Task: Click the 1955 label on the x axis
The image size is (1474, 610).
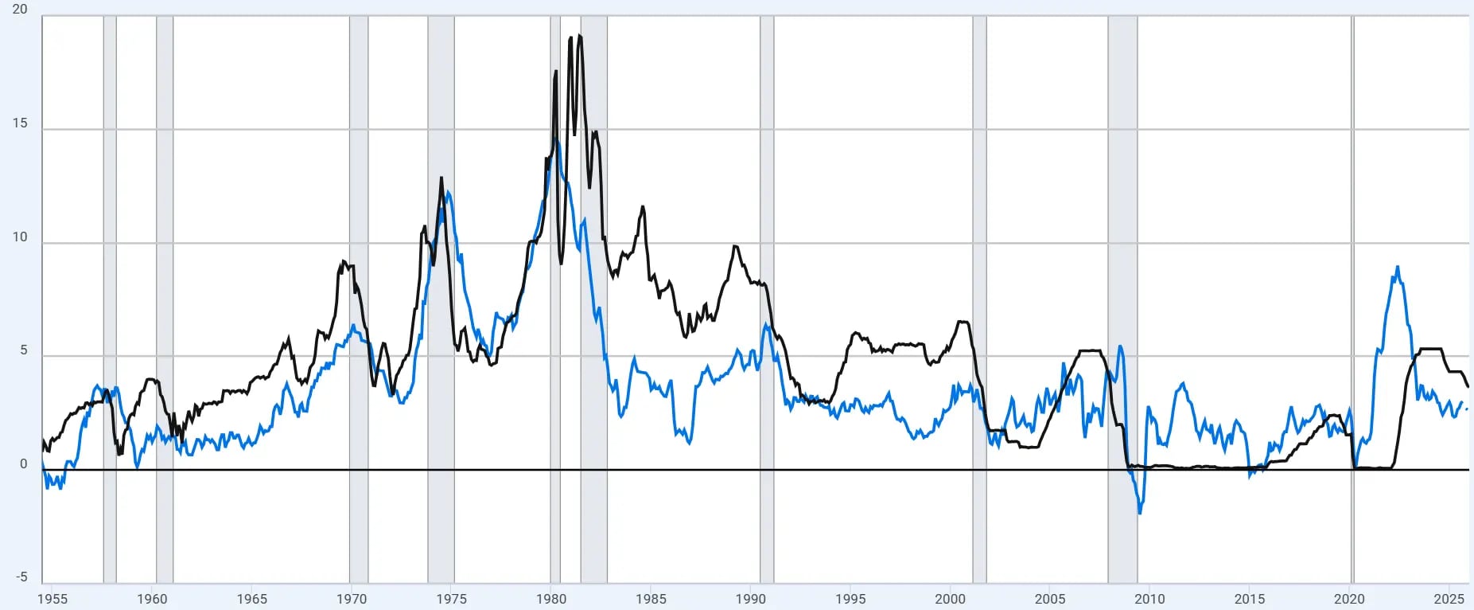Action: tap(53, 599)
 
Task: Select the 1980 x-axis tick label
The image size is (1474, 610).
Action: tap(551, 599)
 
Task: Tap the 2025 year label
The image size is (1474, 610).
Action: tap(1449, 599)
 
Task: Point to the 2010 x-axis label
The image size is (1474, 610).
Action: tap(1149, 599)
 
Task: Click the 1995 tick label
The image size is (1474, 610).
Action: tap(850, 599)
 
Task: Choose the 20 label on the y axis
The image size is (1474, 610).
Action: tap(20, 9)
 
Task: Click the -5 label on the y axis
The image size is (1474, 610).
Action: tap(21, 577)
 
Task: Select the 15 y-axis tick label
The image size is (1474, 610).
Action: tap(20, 123)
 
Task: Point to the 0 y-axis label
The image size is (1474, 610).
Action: tap(24, 463)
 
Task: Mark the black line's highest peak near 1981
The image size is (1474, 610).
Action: tap(579, 35)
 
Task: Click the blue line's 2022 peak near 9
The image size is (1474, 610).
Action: tap(1398, 267)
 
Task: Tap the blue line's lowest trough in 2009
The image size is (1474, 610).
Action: tap(1140, 514)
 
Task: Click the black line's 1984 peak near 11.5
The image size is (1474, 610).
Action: tap(643, 206)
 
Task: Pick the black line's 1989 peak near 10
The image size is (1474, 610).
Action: tap(736, 246)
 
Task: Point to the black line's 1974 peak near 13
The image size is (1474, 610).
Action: tap(441, 178)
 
